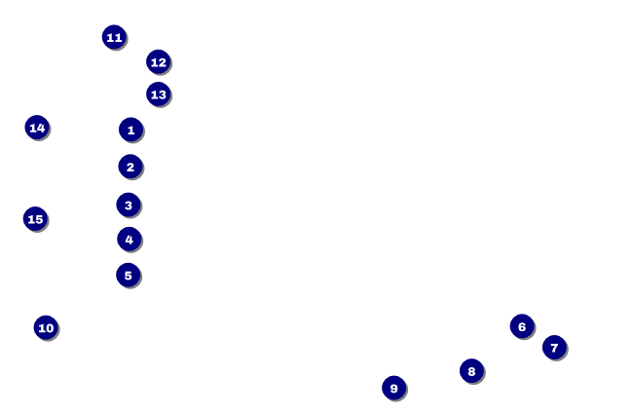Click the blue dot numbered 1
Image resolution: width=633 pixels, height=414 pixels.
[x=130, y=130]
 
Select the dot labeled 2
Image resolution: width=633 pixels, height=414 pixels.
[x=130, y=167]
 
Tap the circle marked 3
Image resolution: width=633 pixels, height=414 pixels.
[x=129, y=205]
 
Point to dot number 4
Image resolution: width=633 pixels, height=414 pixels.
[x=130, y=239]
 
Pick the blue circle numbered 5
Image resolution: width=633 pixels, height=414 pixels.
[x=129, y=275]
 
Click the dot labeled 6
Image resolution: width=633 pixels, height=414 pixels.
[x=522, y=326]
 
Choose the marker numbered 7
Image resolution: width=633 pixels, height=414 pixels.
[x=554, y=347]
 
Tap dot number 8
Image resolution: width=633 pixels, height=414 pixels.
[x=471, y=370]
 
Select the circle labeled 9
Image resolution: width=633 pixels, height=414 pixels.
[x=393, y=388]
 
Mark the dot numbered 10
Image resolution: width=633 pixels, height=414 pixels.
[x=46, y=327]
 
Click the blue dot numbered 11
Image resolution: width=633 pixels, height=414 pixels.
[x=114, y=37]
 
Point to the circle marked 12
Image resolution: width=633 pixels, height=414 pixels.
[x=158, y=62]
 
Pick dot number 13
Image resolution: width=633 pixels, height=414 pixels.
[x=158, y=94]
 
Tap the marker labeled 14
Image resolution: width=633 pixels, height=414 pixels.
[x=37, y=128]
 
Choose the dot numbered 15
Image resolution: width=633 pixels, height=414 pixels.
[x=35, y=219]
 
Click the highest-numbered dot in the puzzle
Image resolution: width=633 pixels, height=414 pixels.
[x=35, y=219]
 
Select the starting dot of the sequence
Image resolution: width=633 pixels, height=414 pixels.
[x=130, y=130]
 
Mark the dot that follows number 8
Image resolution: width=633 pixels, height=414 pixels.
[x=393, y=388]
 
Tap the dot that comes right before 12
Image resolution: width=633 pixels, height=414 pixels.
[x=114, y=37]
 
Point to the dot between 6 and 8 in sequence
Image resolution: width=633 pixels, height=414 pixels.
[x=554, y=347]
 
